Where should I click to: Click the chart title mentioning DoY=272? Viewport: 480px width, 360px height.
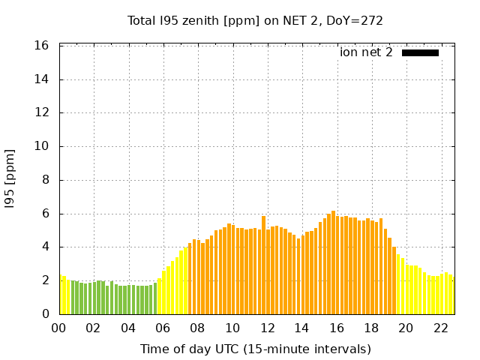pyautogui.click(x=255, y=20)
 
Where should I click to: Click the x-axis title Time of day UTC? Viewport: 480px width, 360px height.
pyautogui.click(x=255, y=349)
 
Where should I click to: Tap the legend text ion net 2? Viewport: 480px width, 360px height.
pyautogui.click(x=366, y=52)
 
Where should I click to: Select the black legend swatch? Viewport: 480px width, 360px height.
pyautogui.click(x=420, y=52)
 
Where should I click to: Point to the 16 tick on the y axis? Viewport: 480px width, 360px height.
pyautogui.click(x=42, y=46)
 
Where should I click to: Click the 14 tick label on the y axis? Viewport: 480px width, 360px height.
pyautogui.click(x=42, y=79)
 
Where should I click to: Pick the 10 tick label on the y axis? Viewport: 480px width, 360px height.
pyautogui.click(x=42, y=146)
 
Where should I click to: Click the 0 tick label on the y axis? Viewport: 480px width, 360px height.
pyautogui.click(x=45, y=314)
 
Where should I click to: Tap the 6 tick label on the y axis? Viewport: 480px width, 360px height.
pyautogui.click(x=45, y=214)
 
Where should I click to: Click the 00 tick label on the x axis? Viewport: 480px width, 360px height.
pyautogui.click(x=58, y=328)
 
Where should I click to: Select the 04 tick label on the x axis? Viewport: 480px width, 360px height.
pyautogui.click(x=128, y=328)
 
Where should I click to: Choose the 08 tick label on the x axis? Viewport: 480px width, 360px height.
pyautogui.click(x=197, y=328)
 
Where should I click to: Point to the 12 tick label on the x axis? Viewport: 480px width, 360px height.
pyautogui.click(x=267, y=328)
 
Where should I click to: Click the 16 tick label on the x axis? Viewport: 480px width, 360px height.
pyautogui.click(x=337, y=328)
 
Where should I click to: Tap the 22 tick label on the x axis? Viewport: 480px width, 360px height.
pyautogui.click(x=441, y=328)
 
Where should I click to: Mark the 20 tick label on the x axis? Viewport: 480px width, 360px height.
pyautogui.click(x=406, y=328)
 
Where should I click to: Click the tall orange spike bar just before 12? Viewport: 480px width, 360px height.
pyautogui.click(x=263, y=265)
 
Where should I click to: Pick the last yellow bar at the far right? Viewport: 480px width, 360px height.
pyautogui.click(x=451, y=295)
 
